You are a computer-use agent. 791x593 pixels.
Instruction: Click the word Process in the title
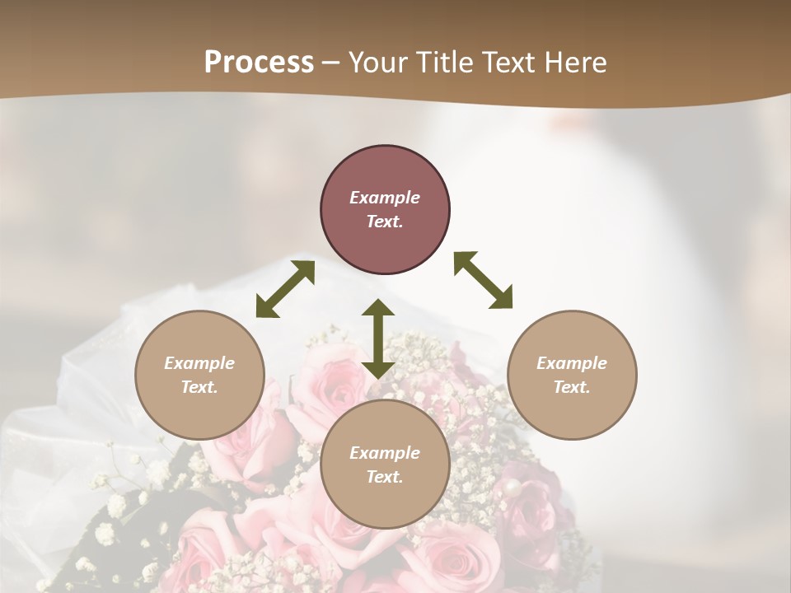[259, 63]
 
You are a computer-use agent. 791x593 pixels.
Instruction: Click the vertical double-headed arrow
[378, 339]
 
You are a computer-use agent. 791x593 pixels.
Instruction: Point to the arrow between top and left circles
[285, 289]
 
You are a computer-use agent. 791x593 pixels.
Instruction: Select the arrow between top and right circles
[484, 280]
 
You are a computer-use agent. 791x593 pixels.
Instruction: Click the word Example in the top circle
[385, 198]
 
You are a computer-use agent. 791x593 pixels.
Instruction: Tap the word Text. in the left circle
[199, 387]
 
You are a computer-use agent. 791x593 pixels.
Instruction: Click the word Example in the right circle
[572, 363]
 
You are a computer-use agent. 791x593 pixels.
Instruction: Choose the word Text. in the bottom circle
[385, 477]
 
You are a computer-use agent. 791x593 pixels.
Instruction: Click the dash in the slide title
[331, 63]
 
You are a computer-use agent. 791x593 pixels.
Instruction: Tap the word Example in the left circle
[199, 363]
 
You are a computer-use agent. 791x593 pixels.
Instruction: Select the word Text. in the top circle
[385, 222]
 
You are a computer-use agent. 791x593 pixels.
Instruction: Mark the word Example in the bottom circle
[385, 453]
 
